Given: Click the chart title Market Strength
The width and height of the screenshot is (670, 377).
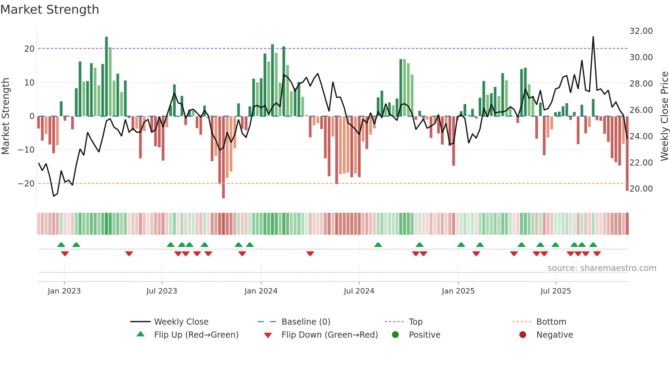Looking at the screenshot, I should pos(50,10).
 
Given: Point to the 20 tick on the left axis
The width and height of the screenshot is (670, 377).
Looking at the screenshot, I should pos(29,49).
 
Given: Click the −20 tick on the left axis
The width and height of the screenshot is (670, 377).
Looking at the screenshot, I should pos(27,184).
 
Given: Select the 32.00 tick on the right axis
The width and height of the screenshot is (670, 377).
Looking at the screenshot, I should pos(641,31).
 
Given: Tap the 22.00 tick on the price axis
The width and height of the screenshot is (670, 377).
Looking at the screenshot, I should pos(641,163).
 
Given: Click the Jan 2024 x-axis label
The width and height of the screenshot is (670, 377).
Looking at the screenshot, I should pos(261,291).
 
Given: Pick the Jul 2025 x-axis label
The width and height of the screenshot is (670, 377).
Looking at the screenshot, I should pos(555,291).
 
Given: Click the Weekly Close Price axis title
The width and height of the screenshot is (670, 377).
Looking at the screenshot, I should pos(664,116).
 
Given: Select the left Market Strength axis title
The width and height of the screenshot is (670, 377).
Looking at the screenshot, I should pos(6,116).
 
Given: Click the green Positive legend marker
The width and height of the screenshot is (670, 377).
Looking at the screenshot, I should pos(396,335).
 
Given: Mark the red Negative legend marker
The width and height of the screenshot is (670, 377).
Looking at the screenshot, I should pos(523,335).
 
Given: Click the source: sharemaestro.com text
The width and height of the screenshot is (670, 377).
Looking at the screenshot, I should pos(602,268).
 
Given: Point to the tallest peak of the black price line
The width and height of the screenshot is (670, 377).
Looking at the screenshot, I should pos(593,37).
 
